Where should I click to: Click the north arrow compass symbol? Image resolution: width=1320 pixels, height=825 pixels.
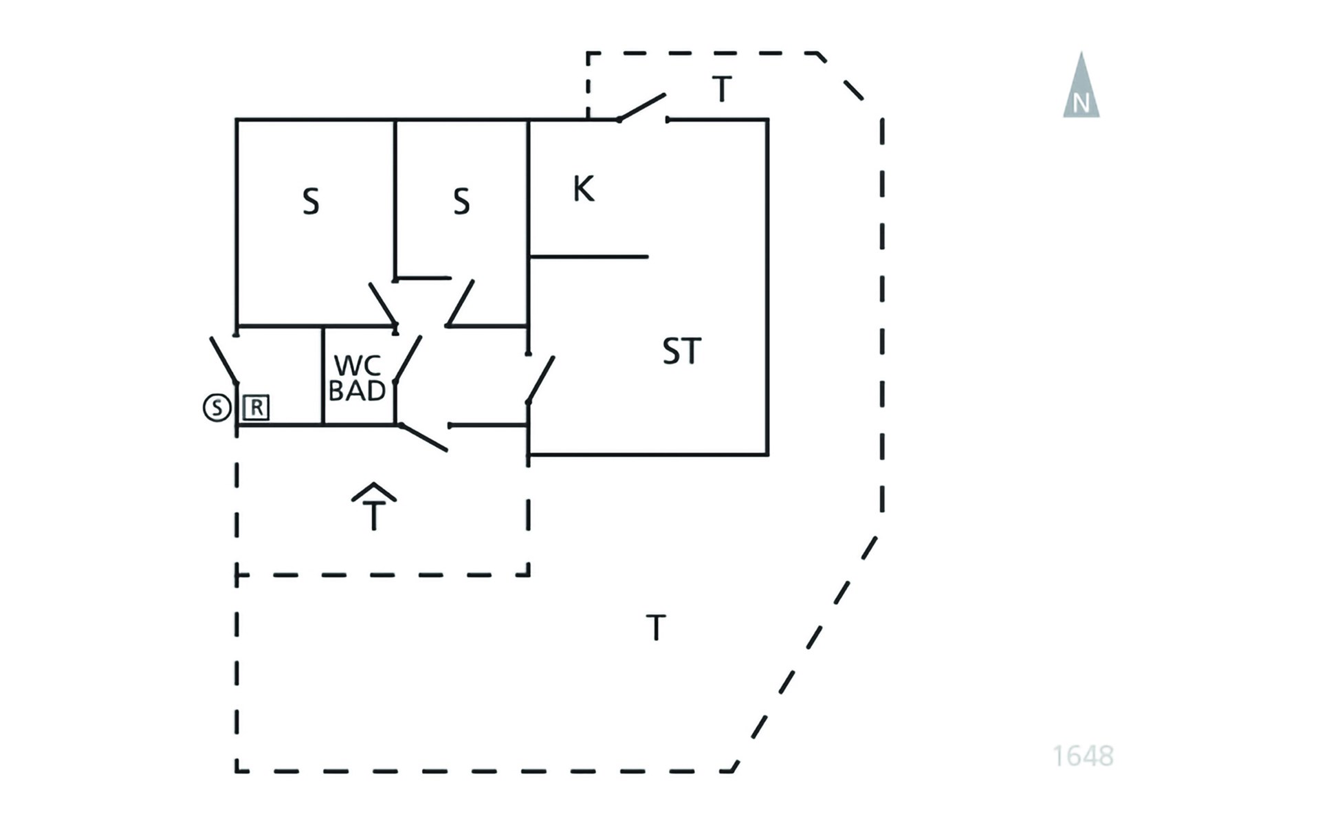point(1081,85)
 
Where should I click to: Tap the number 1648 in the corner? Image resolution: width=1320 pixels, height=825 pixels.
point(1083,756)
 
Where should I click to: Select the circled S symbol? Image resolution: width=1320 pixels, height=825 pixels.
point(217,408)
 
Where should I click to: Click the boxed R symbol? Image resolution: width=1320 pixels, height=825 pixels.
point(256,408)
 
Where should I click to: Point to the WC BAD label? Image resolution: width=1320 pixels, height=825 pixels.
point(357,378)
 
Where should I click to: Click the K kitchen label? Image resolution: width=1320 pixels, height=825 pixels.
point(583,188)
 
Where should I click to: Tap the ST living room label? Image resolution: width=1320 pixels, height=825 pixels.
point(681,351)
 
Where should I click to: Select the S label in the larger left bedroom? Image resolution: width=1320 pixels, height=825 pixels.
point(311,202)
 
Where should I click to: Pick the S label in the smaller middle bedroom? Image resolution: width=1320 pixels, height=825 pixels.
point(461,202)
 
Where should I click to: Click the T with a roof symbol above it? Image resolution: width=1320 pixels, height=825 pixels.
point(374,507)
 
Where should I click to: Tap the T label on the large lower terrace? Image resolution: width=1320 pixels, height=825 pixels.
point(656,628)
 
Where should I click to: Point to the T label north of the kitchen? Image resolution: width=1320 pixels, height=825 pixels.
point(721,89)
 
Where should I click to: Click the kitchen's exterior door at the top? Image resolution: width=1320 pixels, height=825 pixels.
point(642,107)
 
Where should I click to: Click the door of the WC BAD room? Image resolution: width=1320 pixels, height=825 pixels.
point(408,360)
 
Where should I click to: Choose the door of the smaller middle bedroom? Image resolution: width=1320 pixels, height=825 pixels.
point(461,302)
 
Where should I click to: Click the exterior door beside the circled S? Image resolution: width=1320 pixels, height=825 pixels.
point(224,360)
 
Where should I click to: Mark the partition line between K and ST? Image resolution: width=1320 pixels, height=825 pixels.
point(589,257)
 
